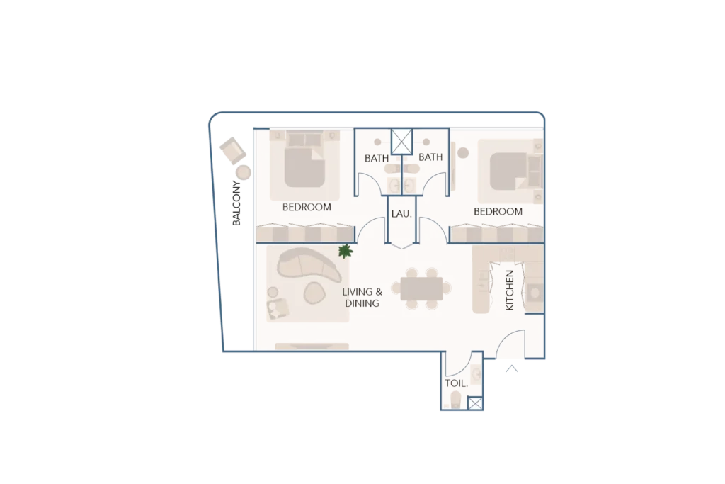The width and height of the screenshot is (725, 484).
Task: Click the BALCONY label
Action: click(236, 203)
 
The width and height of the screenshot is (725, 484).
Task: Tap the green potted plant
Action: click(346, 252)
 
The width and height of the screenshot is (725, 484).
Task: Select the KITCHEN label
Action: click(510, 290)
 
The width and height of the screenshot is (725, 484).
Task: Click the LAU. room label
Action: click(401, 214)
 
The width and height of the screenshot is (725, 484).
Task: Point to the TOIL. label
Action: click(457, 383)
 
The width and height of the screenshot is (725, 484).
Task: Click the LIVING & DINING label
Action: click(362, 298)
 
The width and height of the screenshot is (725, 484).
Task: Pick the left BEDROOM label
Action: click(307, 208)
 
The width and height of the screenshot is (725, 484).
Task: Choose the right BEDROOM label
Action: click(498, 211)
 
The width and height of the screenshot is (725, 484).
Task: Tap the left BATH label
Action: click(377, 158)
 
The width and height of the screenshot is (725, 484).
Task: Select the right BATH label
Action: click(430, 157)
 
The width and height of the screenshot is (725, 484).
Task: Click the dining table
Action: click(421, 288)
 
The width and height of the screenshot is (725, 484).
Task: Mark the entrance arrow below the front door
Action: click(511, 368)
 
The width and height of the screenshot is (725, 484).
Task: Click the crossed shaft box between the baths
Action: click(401, 142)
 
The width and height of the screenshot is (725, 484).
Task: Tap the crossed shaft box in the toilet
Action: click(475, 403)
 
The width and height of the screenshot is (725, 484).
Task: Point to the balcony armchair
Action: click(232, 150)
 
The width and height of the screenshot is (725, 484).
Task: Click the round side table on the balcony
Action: click(244, 173)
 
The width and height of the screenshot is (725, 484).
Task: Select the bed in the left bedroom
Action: click(304, 163)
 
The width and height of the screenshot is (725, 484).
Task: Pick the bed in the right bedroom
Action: click(511, 171)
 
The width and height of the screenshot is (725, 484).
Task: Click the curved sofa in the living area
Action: click(307, 264)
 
